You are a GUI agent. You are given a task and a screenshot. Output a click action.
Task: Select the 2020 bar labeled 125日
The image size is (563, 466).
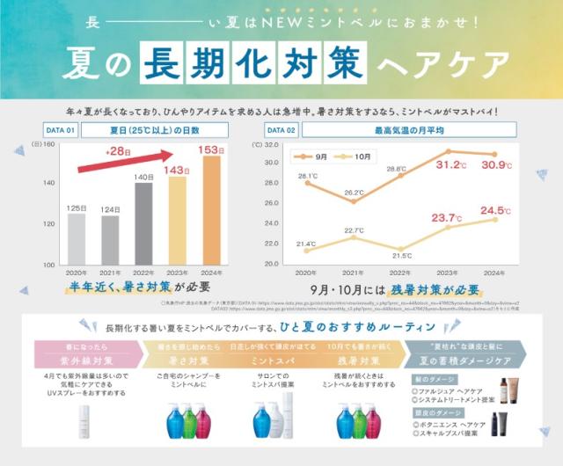[77, 237]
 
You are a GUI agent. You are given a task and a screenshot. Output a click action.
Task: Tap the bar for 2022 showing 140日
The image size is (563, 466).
[143, 223]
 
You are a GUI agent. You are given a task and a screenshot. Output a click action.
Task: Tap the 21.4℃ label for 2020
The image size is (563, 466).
[305, 244]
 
